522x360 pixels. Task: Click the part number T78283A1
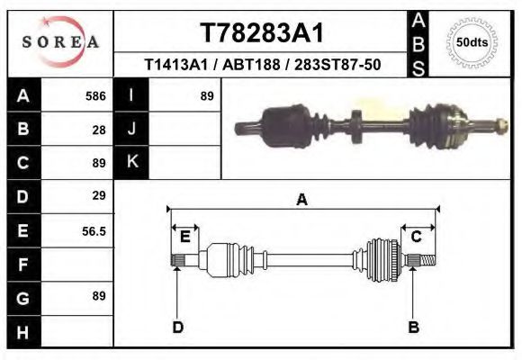(x=260, y=33)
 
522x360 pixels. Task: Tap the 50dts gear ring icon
(x=472, y=41)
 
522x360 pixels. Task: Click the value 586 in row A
(x=95, y=95)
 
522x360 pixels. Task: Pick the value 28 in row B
(x=99, y=129)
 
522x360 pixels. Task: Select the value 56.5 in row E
(x=94, y=231)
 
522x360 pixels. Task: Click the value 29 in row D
(x=99, y=195)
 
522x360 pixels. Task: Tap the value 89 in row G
(x=99, y=296)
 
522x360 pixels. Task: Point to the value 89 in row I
(x=206, y=95)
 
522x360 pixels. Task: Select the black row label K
(x=131, y=162)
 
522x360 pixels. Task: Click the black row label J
(x=131, y=129)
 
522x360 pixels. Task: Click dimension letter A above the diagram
(x=301, y=200)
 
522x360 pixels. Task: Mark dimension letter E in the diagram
(x=184, y=237)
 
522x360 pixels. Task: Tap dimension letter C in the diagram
(x=417, y=237)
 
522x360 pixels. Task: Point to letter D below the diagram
(x=178, y=327)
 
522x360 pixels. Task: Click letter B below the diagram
(x=414, y=327)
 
